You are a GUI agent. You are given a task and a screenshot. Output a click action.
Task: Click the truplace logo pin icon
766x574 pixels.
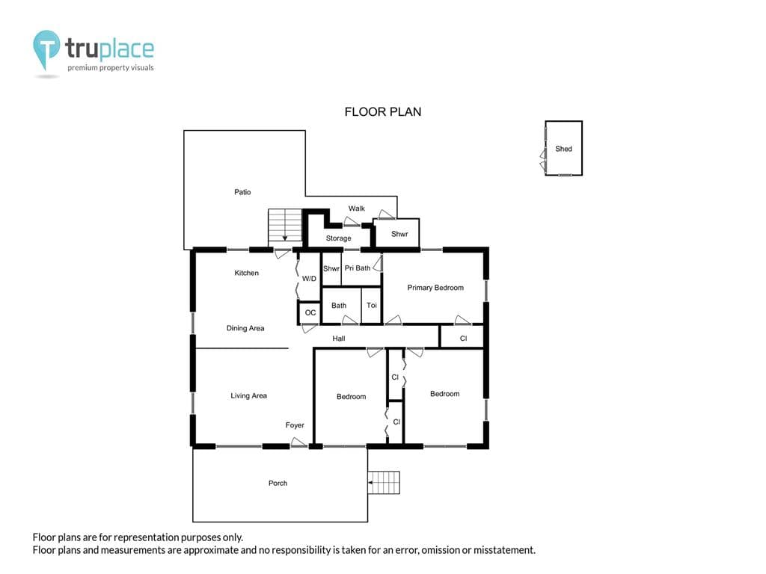[46, 49]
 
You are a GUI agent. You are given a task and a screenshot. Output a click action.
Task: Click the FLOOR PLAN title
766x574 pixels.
[382, 112]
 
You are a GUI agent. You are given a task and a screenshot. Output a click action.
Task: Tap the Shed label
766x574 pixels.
[563, 149]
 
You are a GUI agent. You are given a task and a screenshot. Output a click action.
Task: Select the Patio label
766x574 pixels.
[242, 192]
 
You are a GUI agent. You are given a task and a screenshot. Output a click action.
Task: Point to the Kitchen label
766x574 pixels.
[246, 273]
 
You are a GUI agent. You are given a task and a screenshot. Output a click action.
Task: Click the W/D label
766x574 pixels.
[309, 279]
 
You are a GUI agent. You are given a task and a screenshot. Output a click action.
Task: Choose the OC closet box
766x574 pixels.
[310, 313]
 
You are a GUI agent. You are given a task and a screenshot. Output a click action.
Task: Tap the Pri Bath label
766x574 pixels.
[357, 268]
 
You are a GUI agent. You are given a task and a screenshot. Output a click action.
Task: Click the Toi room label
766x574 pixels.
[372, 305]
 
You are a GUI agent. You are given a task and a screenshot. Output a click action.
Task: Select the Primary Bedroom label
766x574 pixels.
[435, 288]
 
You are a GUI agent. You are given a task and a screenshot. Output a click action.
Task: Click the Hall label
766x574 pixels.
[339, 339]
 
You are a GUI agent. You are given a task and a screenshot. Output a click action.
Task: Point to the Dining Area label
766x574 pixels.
[245, 329]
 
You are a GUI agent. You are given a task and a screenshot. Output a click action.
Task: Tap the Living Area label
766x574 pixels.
[248, 396]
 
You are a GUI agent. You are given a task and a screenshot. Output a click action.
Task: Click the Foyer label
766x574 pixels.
[295, 425]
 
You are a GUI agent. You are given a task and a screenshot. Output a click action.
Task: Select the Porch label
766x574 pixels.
[278, 484]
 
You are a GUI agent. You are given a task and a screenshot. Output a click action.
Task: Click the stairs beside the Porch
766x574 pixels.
[384, 482]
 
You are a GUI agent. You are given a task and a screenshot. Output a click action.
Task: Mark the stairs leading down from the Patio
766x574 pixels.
[285, 227]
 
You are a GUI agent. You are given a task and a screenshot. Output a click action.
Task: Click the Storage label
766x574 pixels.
[338, 238]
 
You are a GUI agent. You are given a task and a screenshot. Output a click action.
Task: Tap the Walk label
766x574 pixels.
[356, 209]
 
